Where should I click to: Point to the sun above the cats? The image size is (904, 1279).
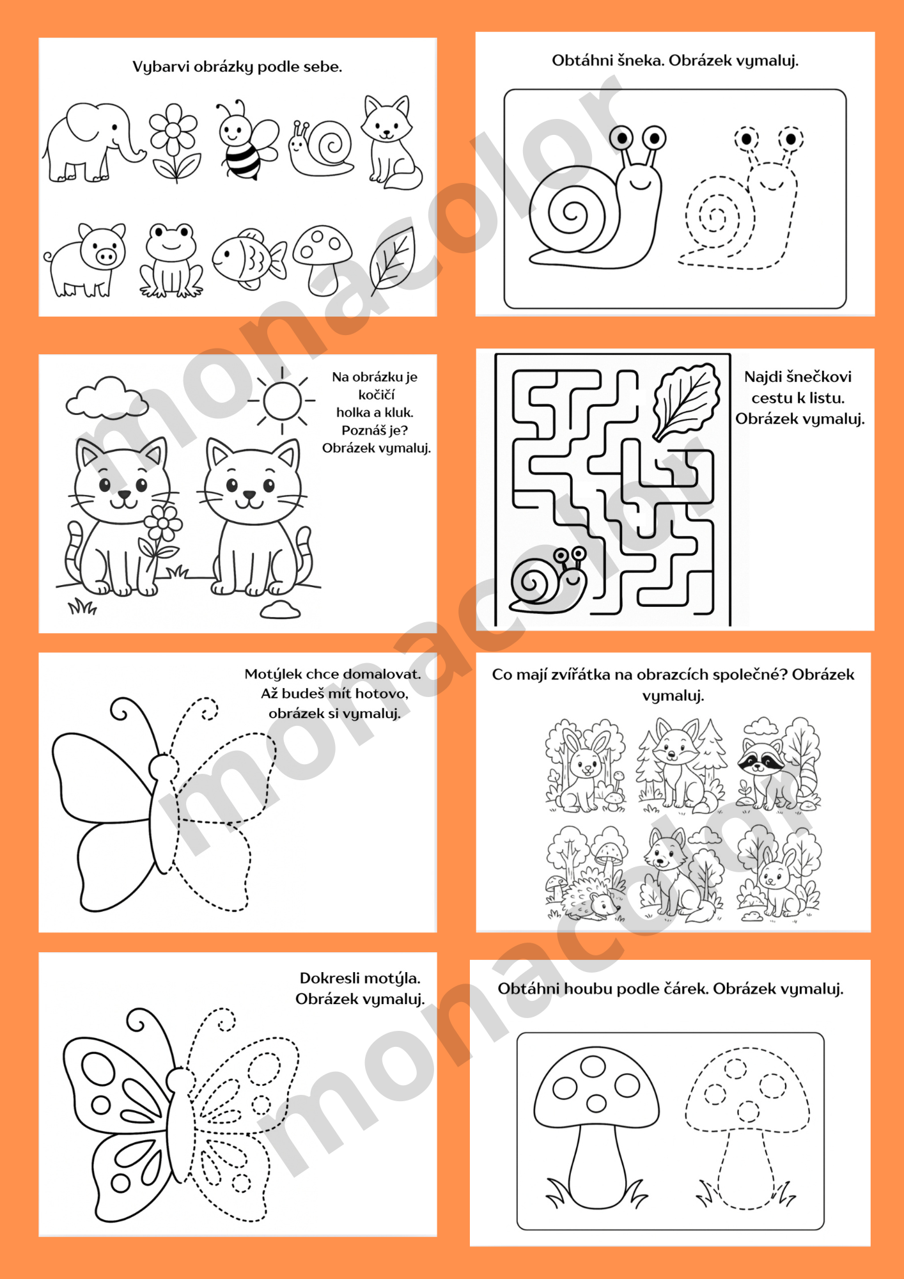pyautogui.click(x=281, y=400)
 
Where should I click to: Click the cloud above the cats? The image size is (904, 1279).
pyautogui.click(x=107, y=398)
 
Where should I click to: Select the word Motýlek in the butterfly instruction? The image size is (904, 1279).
pyautogui.click(x=273, y=674)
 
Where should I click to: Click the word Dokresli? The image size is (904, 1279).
pyautogui.click(x=328, y=978)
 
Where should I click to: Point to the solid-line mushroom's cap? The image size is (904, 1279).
pyautogui.click(x=596, y=1087)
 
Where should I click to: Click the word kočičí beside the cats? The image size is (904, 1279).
pyautogui.click(x=377, y=395)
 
